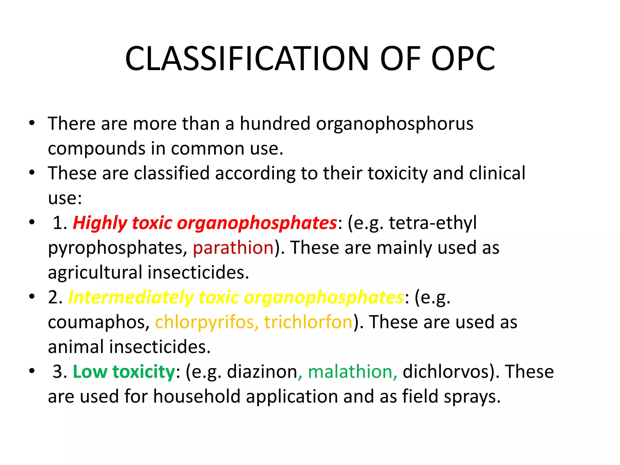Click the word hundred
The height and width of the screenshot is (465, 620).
(275, 124)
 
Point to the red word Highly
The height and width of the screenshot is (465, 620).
(100, 223)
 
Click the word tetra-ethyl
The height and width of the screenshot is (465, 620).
(433, 223)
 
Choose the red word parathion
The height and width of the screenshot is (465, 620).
(233, 248)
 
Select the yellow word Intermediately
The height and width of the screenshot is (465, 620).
(131, 297)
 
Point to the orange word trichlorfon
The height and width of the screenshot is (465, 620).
(308, 322)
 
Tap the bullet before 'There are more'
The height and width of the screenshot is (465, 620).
(32, 123)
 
